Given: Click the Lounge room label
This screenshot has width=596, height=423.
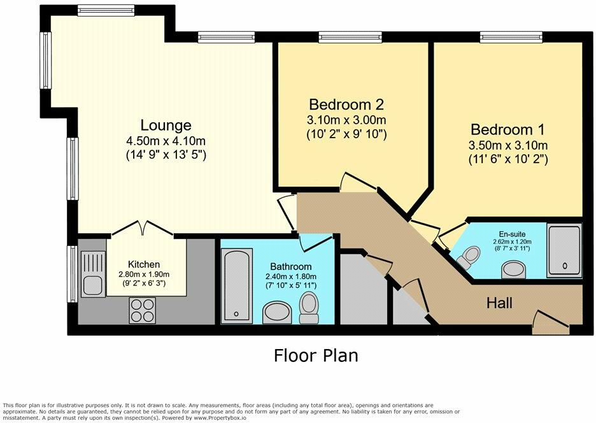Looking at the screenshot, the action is pos(166,125).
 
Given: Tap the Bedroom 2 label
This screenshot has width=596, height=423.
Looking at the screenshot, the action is pos(346,104).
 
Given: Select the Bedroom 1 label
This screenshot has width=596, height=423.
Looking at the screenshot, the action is pos(507,129).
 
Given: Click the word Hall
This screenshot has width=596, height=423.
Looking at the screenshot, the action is pos(499,303).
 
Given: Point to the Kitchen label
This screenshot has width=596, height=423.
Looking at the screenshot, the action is pos(144,264).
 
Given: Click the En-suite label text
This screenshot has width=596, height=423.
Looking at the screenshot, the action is pos(512,234).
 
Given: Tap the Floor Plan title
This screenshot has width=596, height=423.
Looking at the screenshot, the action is pos(316,355).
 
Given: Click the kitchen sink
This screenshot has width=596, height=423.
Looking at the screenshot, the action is pos(93,275).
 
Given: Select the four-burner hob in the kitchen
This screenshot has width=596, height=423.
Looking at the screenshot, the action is pos(143,310).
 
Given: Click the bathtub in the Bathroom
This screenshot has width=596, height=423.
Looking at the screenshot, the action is pos(236,285).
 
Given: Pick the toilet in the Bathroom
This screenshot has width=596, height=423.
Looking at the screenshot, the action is pos(309,308).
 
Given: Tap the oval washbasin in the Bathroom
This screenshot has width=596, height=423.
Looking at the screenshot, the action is pos(277,313).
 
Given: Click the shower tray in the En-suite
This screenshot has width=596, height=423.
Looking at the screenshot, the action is pos(564,250).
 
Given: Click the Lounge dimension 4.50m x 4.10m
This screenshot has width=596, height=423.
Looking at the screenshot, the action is pos(166,141).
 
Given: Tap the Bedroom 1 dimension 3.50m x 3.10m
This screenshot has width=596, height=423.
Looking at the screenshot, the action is pos(508,145).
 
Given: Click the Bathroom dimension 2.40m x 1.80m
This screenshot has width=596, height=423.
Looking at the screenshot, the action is pos(291,276).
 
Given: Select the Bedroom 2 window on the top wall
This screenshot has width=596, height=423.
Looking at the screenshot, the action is pos(350,37).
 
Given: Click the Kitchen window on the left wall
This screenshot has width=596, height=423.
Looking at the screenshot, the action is pos(72,274).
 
